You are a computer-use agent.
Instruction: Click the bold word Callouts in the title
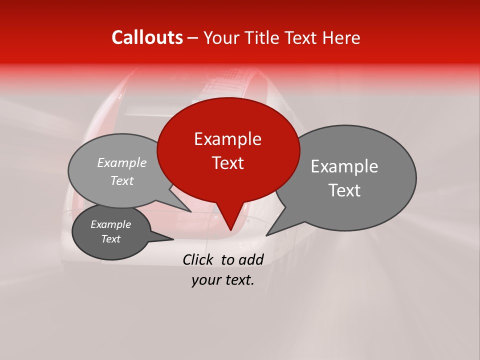coord(147,37)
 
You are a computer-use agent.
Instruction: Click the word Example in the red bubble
coord(227,139)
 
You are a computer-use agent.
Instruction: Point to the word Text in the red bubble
coord(228,163)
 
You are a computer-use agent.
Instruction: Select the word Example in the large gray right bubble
coord(344,166)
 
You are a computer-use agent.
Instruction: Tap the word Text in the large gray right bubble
coord(345,190)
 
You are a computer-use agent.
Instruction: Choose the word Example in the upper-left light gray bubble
coord(122,163)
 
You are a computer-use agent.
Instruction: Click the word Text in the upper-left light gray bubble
coord(122,181)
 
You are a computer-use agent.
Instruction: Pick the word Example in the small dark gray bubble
coord(110,224)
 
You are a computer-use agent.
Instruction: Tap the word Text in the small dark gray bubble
coord(111,239)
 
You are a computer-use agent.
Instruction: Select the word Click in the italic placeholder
coord(198,259)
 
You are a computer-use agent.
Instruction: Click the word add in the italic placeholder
coord(251,259)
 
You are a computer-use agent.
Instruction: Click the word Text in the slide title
coord(301,38)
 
